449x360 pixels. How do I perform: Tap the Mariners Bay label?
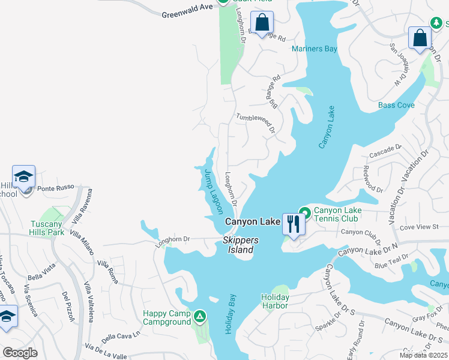click(x=314, y=49)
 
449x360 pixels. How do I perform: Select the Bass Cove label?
click(x=396, y=106)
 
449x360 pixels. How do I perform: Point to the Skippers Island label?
click(x=241, y=245)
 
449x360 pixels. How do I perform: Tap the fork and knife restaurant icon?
click(x=293, y=224)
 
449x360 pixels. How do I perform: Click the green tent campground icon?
click(x=200, y=315)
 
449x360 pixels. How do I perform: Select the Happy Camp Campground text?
click(x=166, y=319)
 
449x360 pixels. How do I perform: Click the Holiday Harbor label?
click(x=275, y=301)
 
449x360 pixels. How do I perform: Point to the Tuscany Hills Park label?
click(x=47, y=228)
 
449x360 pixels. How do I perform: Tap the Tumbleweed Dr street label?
click(x=255, y=123)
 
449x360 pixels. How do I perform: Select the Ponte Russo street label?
click(x=55, y=187)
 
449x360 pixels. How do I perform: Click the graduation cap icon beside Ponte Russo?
click(x=23, y=176)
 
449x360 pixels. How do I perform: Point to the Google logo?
click(x=20, y=353)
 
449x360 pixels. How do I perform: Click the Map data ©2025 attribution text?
click(x=424, y=355)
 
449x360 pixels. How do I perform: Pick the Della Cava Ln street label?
click(x=121, y=337)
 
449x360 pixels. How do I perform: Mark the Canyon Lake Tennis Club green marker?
click(x=305, y=212)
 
